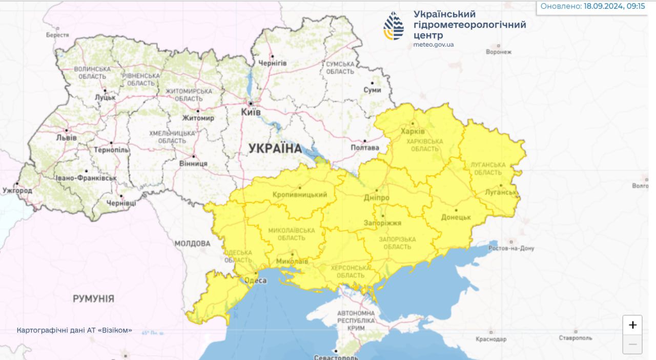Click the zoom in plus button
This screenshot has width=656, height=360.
pos(632,325)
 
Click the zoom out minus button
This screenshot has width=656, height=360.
pos(632,344)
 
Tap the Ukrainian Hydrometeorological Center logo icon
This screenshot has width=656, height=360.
pos(394,26)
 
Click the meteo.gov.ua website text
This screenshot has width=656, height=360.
pos(433,45)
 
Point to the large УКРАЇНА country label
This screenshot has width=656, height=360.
pos(275,149)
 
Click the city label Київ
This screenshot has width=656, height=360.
pos(251,112)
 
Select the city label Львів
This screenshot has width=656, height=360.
pos(67,138)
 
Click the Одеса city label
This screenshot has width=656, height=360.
pos(255,281)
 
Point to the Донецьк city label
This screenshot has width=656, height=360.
pos(456,217)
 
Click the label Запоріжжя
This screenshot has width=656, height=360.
pos(382,223)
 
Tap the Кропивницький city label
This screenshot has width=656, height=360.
pos(300,195)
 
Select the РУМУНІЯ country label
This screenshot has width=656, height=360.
pos(93,298)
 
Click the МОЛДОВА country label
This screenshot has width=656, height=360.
pos(192,243)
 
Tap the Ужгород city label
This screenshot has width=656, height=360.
pos(17,191)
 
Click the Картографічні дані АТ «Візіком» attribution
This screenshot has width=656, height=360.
pos(74,330)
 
